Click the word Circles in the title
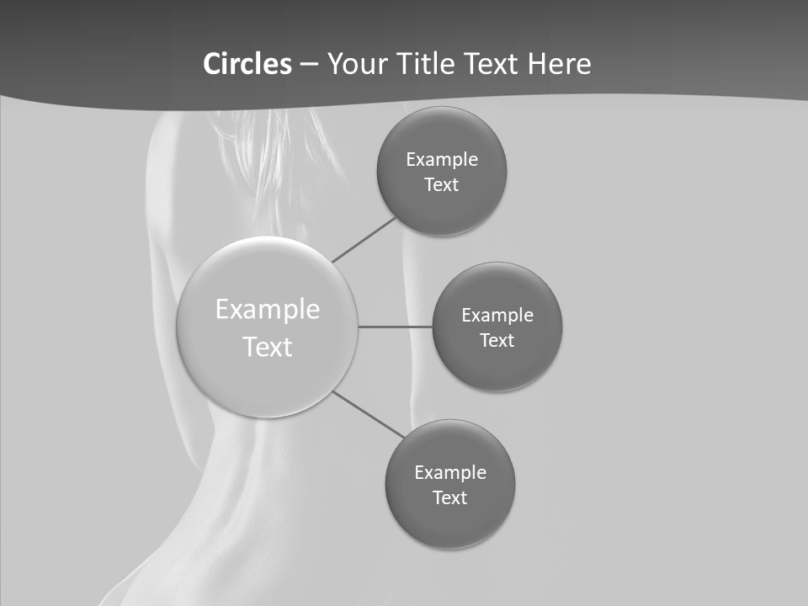[247, 64]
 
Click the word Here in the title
[559, 64]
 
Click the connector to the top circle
[364, 239]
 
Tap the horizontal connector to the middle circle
[396, 327]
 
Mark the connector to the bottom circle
[369, 415]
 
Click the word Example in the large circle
[268, 310]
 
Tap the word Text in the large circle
[268, 347]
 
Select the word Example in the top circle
[442, 160]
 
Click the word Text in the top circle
[442, 185]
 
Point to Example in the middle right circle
[497, 316]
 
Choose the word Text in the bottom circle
[450, 498]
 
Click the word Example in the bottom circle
[450, 473]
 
